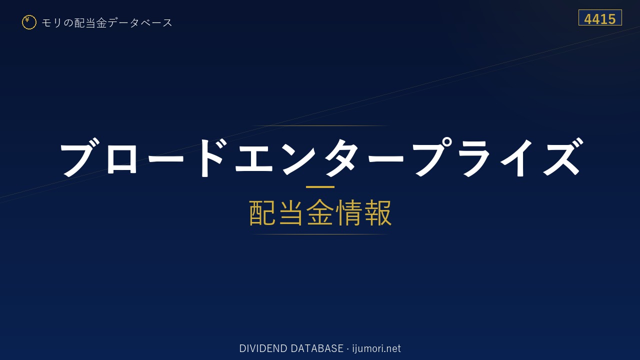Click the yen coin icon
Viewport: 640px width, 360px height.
(x=29, y=22)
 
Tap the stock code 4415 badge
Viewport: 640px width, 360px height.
(x=600, y=17)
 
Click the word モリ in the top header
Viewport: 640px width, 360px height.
(x=51, y=23)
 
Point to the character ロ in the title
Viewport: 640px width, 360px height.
(x=121, y=159)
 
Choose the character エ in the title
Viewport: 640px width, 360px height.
(x=254, y=158)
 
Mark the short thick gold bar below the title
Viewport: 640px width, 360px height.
(x=320, y=187)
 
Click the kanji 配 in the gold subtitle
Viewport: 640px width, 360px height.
(x=262, y=213)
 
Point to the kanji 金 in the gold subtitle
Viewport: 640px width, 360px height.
(x=320, y=213)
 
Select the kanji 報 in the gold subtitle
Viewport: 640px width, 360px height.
(x=377, y=213)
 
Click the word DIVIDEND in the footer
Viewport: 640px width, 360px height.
(x=263, y=348)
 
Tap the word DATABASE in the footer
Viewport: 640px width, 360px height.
(x=317, y=348)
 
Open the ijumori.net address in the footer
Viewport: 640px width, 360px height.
(x=376, y=348)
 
